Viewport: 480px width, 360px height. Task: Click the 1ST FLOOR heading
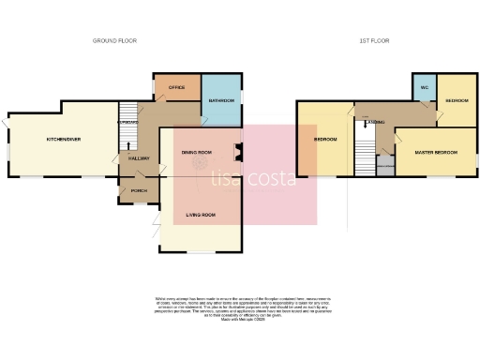pos(374,41)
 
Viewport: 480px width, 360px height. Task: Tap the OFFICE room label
pos(176,87)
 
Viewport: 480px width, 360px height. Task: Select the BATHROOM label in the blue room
pos(221,100)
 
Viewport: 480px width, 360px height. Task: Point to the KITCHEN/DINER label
pos(64,140)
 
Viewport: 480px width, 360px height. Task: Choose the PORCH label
pos(139,191)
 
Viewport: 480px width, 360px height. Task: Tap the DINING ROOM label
pos(197,152)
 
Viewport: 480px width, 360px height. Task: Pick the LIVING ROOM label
pos(202,217)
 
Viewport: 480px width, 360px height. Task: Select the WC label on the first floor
pos(424,89)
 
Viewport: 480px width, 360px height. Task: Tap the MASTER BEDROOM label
pos(436,151)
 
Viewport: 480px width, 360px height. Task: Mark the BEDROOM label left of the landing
pos(324,140)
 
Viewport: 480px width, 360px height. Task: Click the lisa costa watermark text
pos(254,176)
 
